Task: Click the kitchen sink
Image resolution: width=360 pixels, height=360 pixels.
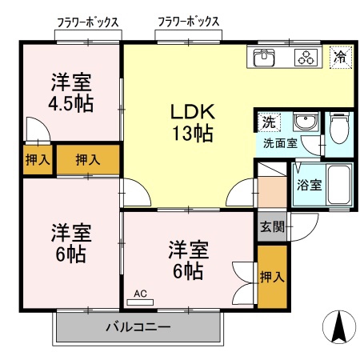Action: pyautogui.click(x=264, y=58)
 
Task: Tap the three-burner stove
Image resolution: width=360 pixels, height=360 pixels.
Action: pyautogui.click(x=306, y=58)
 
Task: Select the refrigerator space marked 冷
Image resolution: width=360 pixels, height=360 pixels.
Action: pyautogui.click(x=341, y=58)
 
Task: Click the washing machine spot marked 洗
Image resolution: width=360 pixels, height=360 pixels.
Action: pyautogui.click(x=269, y=122)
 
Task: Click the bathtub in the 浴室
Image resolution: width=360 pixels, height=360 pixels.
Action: pyautogui.click(x=339, y=185)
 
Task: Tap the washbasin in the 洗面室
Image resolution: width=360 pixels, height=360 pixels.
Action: pyautogui.click(x=306, y=122)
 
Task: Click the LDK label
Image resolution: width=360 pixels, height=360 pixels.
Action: pyautogui.click(x=193, y=112)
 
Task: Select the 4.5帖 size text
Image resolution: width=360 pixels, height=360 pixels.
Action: pyautogui.click(x=71, y=103)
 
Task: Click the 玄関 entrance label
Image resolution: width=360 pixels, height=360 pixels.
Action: pyautogui.click(x=272, y=227)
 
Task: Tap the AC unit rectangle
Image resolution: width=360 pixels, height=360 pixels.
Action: pyautogui.click(x=140, y=302)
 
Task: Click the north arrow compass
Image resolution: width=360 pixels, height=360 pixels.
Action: pyautogui.click(x=339, y=326)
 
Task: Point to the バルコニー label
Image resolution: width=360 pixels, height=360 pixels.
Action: pyautogui.click(x=138, y=327)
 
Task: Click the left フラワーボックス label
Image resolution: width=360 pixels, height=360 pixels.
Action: pyautogui.click(x=88, y=22)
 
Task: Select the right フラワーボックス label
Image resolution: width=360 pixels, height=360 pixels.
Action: pyautogui.click(x=189, y=22)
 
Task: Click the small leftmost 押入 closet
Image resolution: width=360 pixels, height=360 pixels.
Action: pyautogui.click(x=38, y=160)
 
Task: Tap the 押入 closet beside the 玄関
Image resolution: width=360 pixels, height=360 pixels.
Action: pyautogui.click(x=272, y=277)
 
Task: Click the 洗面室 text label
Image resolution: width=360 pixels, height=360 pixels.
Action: pyautogui.click(x=280, y=143)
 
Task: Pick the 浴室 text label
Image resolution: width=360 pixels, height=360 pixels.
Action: pyautogui.click(x=310, y=185)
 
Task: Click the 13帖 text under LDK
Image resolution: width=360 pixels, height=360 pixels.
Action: pyautogui.click(x=193, y=133)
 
